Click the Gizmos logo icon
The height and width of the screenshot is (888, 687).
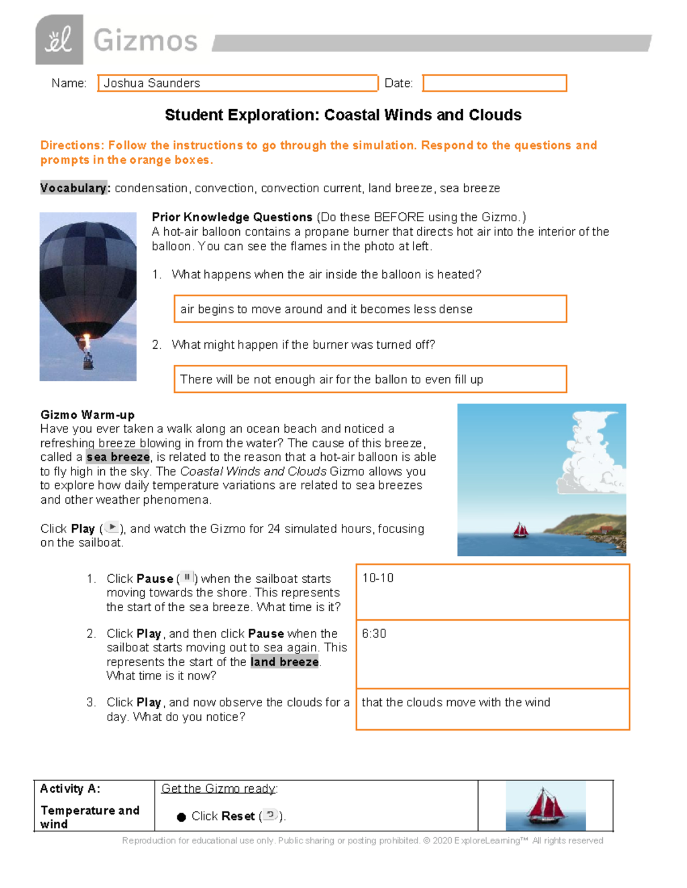[x=59, y=39]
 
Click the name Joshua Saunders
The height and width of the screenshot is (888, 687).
[x=152, y=83]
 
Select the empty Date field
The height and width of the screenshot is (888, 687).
[x=494, y=83]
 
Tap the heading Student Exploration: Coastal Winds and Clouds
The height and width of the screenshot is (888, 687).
[x=343, y=115]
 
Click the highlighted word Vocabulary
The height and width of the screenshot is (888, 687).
[x=73, y=188]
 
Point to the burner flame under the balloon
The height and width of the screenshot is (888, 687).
[x=86, y=343]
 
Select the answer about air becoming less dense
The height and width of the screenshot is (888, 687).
[x=326, y=309]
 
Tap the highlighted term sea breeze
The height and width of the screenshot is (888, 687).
[x=118, y=457]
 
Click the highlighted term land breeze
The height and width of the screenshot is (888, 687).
[x=284, y=662]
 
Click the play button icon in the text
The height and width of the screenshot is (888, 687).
[x=112, y=527]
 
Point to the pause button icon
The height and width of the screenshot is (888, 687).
[x=187, y=578]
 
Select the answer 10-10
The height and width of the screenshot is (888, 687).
[x=378, y=578]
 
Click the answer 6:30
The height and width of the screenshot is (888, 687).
[x=374, y=634]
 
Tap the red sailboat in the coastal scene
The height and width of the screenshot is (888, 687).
[x=520, y=531]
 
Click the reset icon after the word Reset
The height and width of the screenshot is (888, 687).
[x=270, y=815]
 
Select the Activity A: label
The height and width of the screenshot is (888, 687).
[x=70, y=789]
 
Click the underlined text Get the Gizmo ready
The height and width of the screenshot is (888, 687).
[x=219, y=789]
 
